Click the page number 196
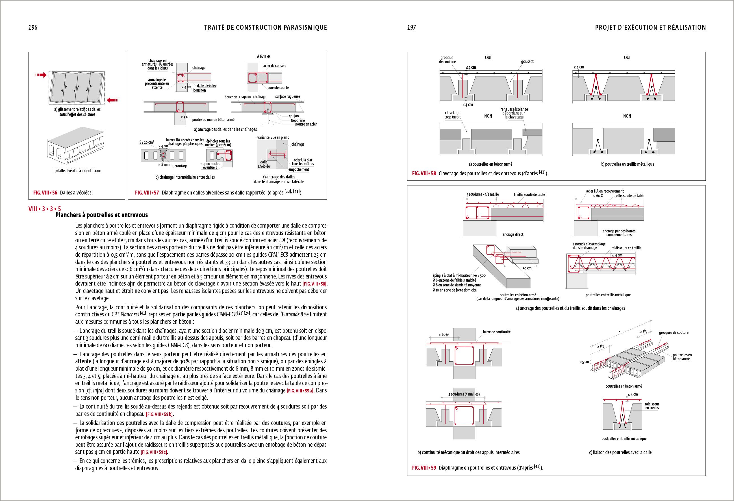pos(33,27)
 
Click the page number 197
pos(411,27)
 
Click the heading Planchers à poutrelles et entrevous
pos(101,215)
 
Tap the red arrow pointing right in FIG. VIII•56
pos(41,75)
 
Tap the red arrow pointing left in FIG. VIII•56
pos(112,100)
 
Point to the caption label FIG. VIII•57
pos(147,193)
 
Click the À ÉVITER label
pos(263,57)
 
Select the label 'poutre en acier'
pos(306,124)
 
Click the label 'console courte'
pos(278,88)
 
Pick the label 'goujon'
pos(294,116)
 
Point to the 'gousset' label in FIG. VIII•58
pos(527,62)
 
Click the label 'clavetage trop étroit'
pos(452,115)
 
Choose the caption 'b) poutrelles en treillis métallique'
pos(627,164)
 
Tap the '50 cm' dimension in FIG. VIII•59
pos(527,268)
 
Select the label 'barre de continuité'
pos(496,332)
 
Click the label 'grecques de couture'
pos(673,332)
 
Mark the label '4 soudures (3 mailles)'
pos(464,394)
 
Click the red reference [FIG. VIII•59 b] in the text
pos(160,414)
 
